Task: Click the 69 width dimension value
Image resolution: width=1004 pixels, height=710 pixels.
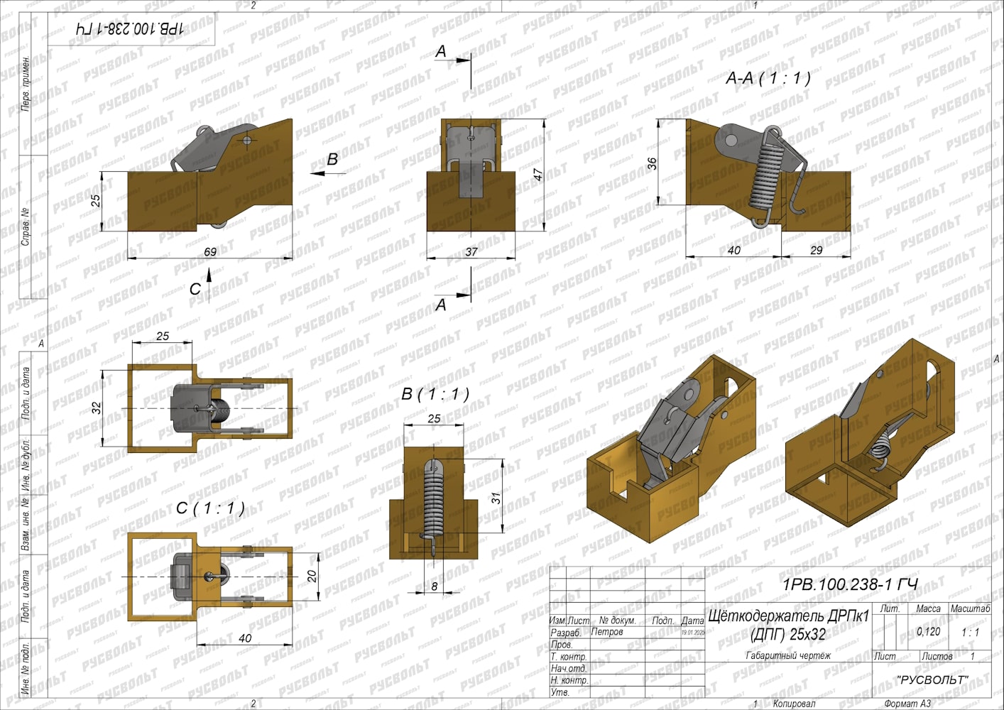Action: click(x=210, y=251)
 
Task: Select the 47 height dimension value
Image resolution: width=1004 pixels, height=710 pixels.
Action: click(x=539, y=174)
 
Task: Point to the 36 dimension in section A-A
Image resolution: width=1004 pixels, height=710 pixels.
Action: click(x=652, y=163)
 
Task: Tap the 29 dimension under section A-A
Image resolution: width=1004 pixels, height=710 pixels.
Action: click(x=817, y=250)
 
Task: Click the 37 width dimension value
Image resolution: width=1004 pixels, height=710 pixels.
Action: click(x=471, y=251)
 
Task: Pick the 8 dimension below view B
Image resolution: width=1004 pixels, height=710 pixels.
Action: click(x=435, y=586)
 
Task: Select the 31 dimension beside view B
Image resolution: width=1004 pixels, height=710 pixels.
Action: click(x=496, y=498)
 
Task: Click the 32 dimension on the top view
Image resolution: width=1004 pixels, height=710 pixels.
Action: click(x=97, y=408)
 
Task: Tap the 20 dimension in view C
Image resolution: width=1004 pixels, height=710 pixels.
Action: click(x=312, y=576)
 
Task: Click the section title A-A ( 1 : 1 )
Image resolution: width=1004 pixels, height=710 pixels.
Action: click(x=768, y=78)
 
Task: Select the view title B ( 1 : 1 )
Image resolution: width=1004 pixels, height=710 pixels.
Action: click(x=435, y=393)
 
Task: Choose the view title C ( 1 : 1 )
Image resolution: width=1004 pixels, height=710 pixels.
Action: click(x=210, y=508)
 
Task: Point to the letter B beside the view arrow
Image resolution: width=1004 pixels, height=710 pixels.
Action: click(x=332, y=160)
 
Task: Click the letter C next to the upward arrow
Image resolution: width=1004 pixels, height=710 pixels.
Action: click(x=195, y=289)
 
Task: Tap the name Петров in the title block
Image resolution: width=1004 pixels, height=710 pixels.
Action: click(x=607, y=632)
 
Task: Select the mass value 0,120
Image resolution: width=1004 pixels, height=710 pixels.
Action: click(x=928, y=631)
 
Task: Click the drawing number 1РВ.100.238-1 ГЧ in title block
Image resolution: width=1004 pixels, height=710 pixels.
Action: click(x=849, y=584)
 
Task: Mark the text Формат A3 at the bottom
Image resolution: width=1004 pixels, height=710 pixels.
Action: click(x=907, y=704)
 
